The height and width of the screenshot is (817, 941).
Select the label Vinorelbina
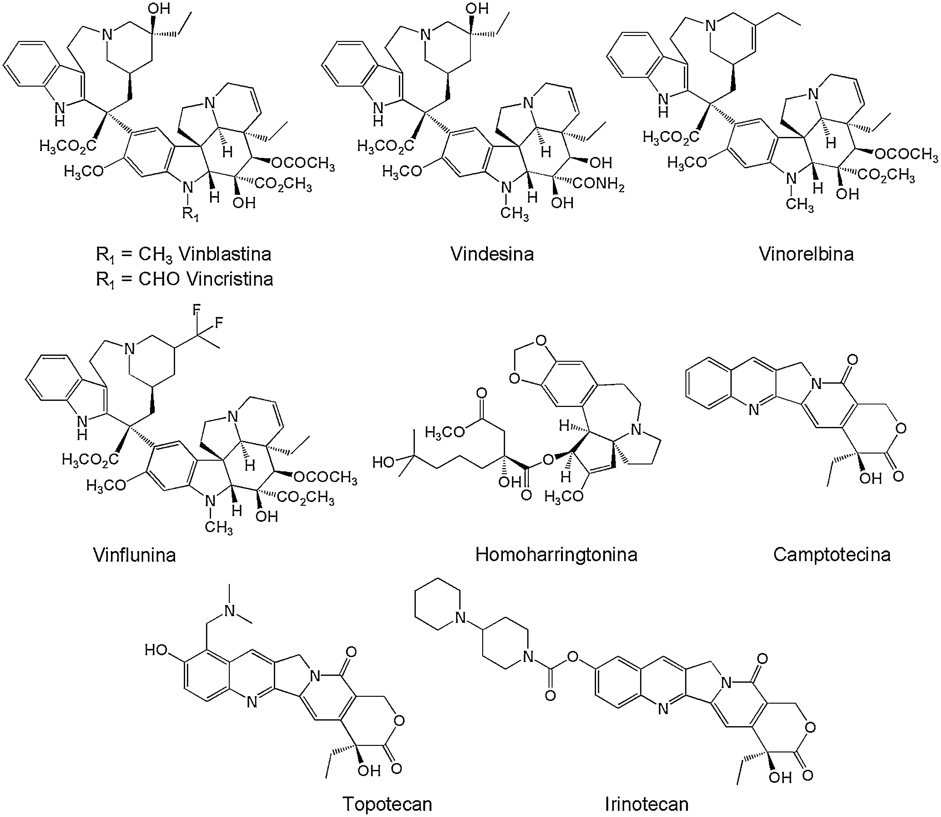[x=806, y=254]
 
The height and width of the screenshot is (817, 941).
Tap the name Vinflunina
[x=134, y=555]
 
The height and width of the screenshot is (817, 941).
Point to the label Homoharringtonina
[x=556, y=555]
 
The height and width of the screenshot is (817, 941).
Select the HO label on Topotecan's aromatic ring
[x=156, y=650]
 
